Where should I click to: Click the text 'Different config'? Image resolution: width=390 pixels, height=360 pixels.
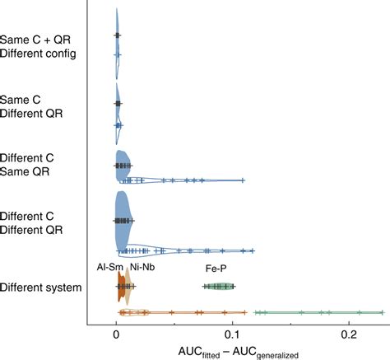point(39,54)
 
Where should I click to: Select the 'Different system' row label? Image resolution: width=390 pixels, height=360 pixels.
point(40,288)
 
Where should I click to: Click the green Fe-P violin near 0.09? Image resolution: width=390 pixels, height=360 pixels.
point(219,286)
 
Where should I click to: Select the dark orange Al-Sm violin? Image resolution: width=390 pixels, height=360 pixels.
point(121,286)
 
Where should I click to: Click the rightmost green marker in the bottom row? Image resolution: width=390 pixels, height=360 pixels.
point(382,312)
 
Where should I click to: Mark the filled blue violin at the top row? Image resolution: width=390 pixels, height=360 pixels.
point(117,35)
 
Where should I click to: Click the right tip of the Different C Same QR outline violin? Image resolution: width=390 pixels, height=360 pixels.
point(244,180)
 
